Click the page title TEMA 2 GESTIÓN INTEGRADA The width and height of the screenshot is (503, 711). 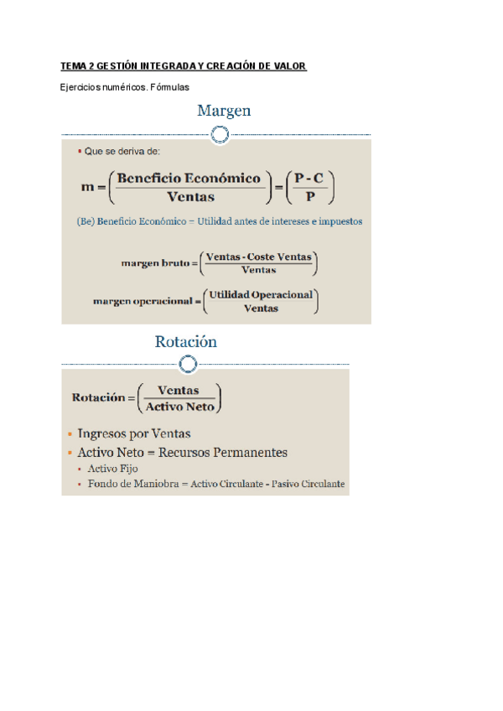coord(184,66)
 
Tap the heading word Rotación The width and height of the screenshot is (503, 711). coord(186,342)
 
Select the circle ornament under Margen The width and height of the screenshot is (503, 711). coord(220,134)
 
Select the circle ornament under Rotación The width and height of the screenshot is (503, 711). coord(189,363)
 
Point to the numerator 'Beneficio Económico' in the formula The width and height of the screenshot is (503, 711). coord(189,178)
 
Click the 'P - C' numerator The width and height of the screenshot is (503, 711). coord(310,178)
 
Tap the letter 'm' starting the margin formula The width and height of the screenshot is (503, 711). coord(87,188)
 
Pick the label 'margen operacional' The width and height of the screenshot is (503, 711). coord(143,300)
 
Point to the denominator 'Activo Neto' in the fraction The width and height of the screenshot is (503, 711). coord(179,407)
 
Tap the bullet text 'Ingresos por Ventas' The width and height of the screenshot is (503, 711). coord(134,433)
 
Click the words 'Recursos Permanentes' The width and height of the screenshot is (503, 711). coord(232,453)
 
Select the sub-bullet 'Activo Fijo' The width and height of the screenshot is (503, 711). coord(113,469)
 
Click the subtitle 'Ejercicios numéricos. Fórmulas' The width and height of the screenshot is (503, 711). coord(126,86)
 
